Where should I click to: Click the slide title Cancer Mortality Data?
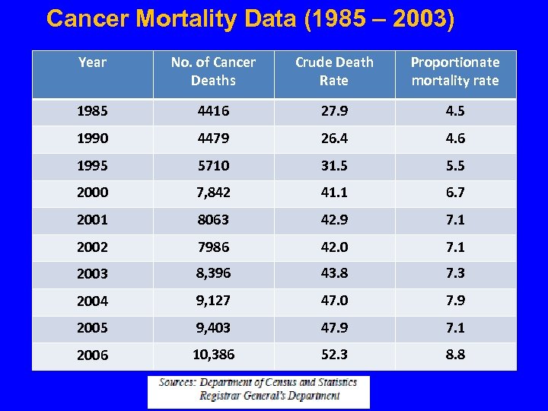coord(250,19)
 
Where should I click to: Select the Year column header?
coord(92,62)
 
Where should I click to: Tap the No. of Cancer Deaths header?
coord(213,72)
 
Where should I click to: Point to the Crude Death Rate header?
coord(334,72)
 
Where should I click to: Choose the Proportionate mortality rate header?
coord(455,72)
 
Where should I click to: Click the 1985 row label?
coord(91,111)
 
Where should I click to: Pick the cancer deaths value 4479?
coord(213,139)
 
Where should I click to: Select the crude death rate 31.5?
coord(334,166)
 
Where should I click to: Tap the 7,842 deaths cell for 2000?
coord(213,193)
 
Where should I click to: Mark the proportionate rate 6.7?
coord(455,193)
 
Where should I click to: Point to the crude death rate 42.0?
coord(334,247)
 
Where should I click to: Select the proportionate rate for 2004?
coord(455,301)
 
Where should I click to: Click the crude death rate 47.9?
coord(334,328)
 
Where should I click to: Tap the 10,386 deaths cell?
coord(213,355)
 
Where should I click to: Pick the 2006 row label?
coord(91,355)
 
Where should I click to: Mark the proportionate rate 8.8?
coord(455,355)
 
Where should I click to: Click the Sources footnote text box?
coord(258,390)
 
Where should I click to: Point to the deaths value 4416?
coord(213,111)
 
